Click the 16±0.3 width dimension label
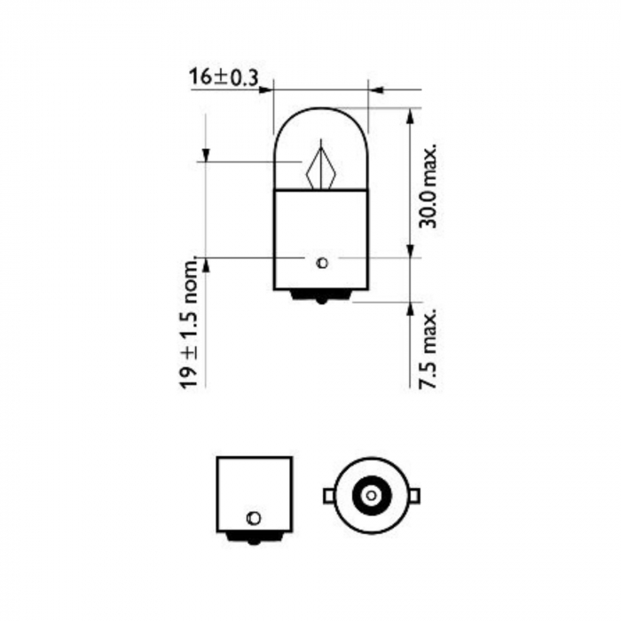point(223,77)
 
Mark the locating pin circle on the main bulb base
point(322,262)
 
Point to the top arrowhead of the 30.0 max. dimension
point(410,114)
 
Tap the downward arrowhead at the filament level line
point(205,156)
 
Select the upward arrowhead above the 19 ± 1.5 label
point(205,263)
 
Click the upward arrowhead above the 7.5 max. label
point(410,307)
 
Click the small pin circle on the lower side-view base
point(254,516)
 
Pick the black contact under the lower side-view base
point(254,536)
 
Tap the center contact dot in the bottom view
point(369,494)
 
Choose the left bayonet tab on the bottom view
point(328,494)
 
